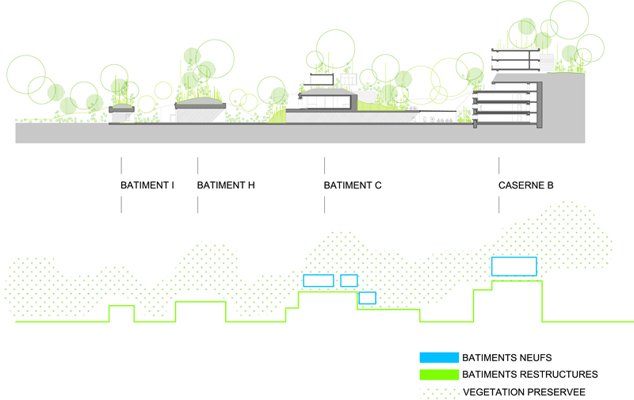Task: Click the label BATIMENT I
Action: point(147,185)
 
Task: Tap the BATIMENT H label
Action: point(226,185)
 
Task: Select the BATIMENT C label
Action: point(353,185)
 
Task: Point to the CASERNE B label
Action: point(525,185)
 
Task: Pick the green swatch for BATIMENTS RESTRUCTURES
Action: point(439,374)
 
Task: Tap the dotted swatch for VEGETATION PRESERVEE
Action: point(439,390)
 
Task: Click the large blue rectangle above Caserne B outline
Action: point(514,266)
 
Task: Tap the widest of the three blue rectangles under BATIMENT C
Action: point(318,280)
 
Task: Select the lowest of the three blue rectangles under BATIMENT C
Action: point(367,298)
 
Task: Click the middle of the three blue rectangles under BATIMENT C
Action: point(349,280)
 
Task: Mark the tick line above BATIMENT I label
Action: point(121,166)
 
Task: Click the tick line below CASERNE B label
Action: point(498,204)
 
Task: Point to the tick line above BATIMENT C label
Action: point(324,166)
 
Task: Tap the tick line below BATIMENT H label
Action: point(197,204)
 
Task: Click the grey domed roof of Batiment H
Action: point(200,104)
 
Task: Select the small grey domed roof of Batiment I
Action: point(122,108)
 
